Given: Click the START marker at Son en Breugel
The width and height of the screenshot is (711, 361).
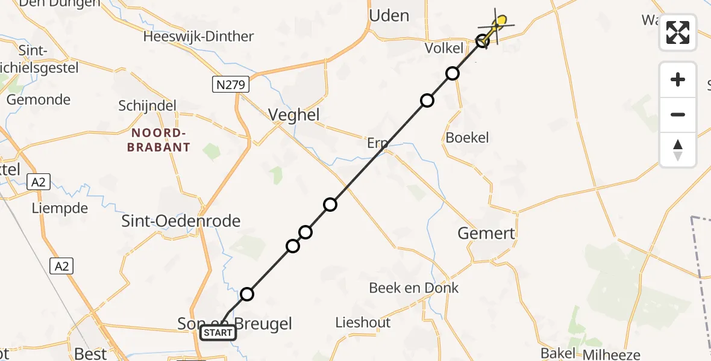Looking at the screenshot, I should [218, 332].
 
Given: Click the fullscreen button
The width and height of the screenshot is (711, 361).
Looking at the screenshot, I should [678, 32].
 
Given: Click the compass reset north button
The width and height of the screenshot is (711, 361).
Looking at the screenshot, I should [678, 149].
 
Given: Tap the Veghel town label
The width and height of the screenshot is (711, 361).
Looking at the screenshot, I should [294, 115].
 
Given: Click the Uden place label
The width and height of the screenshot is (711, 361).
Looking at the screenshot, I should [389, 16].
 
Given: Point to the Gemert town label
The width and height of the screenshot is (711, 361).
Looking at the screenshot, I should [486, 233].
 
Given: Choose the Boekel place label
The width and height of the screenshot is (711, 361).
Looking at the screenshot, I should [467, 138].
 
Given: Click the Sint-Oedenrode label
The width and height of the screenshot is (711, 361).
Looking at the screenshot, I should [181, 221].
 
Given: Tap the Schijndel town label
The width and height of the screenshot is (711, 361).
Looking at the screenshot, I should [148, 106].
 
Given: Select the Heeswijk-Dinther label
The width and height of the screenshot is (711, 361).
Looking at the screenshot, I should [198, 37].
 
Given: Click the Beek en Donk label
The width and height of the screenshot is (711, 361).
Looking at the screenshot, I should [414, 288].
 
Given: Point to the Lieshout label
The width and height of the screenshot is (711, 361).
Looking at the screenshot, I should [363, 322].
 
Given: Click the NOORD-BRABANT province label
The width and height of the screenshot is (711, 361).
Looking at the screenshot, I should [158, 140].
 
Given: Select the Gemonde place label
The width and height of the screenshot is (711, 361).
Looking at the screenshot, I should [39, 100].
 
